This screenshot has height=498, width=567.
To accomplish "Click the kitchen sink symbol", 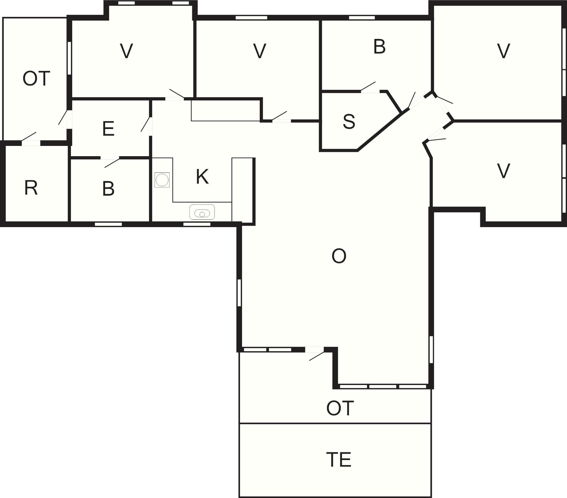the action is click(202, 212).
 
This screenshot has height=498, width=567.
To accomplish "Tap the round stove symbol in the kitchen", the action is click(162, 180).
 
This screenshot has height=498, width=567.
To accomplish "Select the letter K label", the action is click(202, 177).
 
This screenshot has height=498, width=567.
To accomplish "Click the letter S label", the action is click(349, 121).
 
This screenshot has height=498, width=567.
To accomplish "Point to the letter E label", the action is click(108, 129).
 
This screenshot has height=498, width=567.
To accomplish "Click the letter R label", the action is click(31, 188).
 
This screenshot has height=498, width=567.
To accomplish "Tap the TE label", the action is click(338, 460).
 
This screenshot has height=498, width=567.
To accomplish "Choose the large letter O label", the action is click(339, 256).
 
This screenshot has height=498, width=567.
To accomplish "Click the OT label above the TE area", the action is click(340, 408).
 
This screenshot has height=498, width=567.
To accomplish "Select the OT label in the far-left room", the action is click(36, 79).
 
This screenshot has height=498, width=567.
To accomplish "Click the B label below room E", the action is click(108, 189).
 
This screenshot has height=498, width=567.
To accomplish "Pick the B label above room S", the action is click(379, 47).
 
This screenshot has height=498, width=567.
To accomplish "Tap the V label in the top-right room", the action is click(503, 51).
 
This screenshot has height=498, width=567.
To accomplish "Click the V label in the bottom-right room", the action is click(503, 171).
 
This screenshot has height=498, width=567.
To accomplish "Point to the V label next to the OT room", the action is click(126, 51).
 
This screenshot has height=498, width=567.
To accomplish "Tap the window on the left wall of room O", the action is click(239, 293).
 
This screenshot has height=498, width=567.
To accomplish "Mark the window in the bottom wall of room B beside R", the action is click(108, 224).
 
